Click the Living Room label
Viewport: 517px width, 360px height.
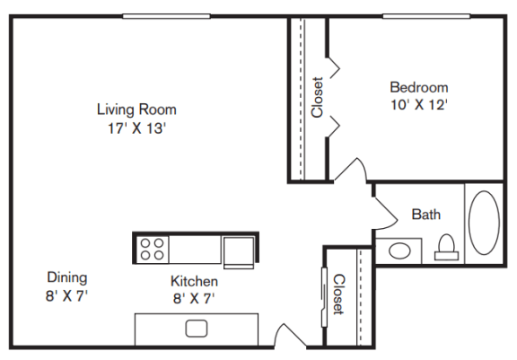136,110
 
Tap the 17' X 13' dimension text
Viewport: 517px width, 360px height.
136,128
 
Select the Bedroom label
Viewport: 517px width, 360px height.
419,87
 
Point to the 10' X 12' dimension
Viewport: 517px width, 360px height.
419,105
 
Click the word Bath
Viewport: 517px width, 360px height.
426,215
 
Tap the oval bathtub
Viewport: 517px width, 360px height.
484,223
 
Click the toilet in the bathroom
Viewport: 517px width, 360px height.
446,247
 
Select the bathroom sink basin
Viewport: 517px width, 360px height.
399,250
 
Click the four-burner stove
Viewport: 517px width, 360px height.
152,250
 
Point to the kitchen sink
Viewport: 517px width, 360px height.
197,329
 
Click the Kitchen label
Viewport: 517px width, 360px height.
194,281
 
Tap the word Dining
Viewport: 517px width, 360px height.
67,277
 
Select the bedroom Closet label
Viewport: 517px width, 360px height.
317,97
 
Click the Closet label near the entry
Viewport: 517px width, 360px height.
339,294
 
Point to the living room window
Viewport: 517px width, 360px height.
167,16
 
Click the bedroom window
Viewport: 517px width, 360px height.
426,16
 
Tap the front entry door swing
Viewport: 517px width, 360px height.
290,335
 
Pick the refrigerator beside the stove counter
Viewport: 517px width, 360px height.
239,252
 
